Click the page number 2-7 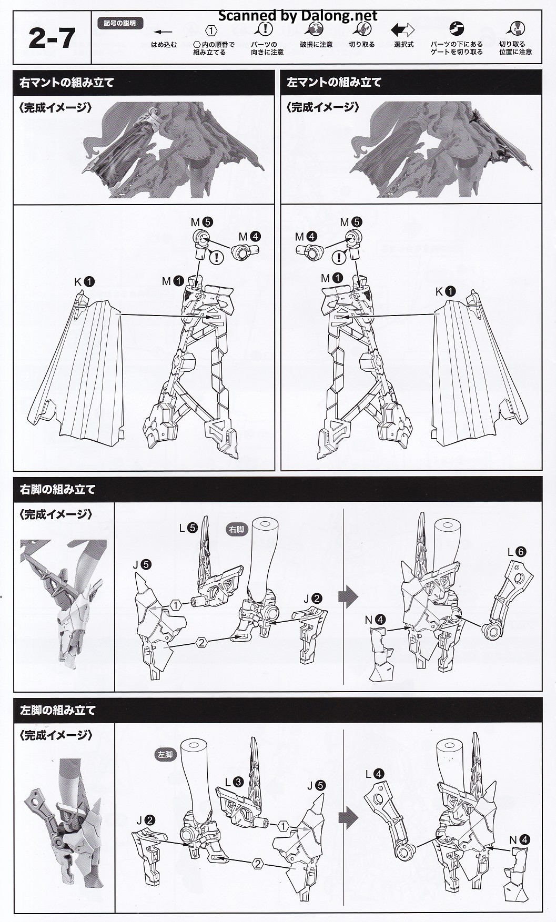click(52, 38)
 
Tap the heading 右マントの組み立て click(67, 83)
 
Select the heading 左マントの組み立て click(334, 83)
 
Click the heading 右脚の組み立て click(57, 490)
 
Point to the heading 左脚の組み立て click(57, 711)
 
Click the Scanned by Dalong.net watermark click(297, 16)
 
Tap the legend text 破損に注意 click(316, 45)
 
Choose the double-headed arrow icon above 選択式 click(403, 29)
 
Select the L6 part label click(517, 552)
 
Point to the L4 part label click(376, 774)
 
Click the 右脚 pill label click(237, 530)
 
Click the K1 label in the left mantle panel click(445, 291)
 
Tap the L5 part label click(188, 528)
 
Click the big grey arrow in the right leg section click(348, 596)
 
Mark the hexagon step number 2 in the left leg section click(258, 863)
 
